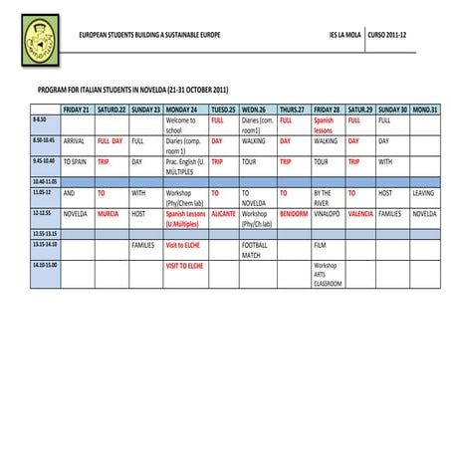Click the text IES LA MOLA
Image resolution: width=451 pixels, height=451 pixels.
pyautogui.click(x=344, y=35)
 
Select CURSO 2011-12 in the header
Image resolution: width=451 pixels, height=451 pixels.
pyautogui.click(x=388, y=35)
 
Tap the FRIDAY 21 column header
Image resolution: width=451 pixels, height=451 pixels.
pyautogui.click(x=77, y=109)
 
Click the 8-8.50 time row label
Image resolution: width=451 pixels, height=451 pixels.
pyautogui.click(x=41, y=120)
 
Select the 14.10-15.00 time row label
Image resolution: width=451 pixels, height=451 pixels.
pyautogui.click(x=45, y=266)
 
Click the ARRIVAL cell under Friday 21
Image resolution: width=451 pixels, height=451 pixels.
pyautogui.click(x=75, y=142)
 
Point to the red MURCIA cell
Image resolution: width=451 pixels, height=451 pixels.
pyautogui.click(x=108, y=213)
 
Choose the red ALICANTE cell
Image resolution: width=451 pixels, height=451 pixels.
pyautogui.click(x=223, y=213)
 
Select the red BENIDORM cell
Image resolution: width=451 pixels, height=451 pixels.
pyautogui.click(x=293, y=213)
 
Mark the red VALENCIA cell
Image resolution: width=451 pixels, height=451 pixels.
pyautogui.click(x=360, y=213)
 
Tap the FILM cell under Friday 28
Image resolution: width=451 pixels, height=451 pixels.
pyautogui.click(x=321, y=244)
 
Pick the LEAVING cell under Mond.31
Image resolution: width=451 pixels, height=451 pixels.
pyautogui.click(x=423, y=193)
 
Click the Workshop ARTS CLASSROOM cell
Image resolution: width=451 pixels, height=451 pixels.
pyautogui.click(x=328, y=275)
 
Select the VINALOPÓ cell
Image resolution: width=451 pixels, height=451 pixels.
pyautogui.click(x=327, y=213)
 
